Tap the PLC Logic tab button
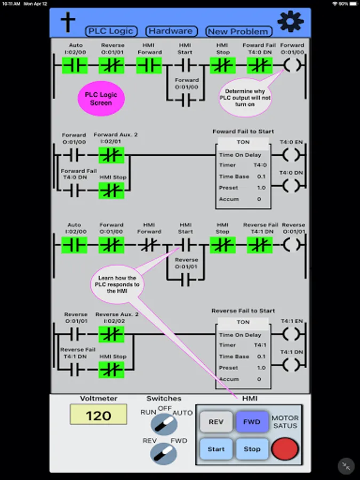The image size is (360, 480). [x=111, y=31]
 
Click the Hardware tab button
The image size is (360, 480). [x=171, y=31]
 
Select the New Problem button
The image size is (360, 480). [x=238, y=31]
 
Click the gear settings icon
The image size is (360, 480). [x=290, y=22]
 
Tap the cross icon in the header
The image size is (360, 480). [x=67, y=22]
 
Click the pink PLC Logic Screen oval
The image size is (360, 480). [x=101, y=99]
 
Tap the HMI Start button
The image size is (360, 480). [x=216, y=449]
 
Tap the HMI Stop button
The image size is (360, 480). [x=252, y=449]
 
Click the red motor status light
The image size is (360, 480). [x=285, y=449]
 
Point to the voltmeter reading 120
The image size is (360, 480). [x=98, y=414]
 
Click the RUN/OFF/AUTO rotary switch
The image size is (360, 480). [x=164, y=425]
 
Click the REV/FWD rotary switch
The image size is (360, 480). [x=164, y=453]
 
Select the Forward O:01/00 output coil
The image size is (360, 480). [x=292, y=66]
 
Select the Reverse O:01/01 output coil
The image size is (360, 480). [x=292, y=245]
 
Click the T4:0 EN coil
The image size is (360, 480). [x=291, y=156]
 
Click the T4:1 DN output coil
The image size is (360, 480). [x=291, y=365]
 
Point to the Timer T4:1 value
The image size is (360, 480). [x=257, y=346]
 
